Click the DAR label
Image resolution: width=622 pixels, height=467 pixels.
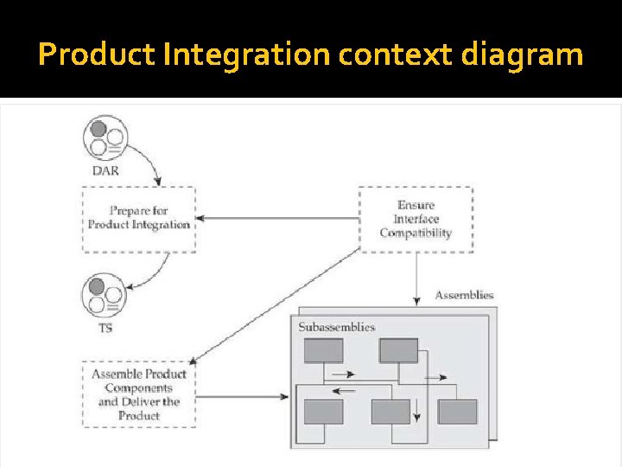tap(105, 170)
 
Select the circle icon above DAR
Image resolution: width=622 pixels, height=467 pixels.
tap(105, 138)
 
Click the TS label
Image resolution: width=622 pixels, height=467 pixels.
tap(105, 329)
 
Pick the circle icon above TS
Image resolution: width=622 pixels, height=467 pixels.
tap(104, 295)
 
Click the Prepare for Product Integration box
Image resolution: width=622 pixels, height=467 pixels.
tap(138, 218)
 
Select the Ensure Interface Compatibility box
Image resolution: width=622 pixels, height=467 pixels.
tap(416, 220)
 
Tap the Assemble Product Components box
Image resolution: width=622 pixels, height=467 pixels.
tap(139, 394)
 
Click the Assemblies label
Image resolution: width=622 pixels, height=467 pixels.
tap(464, 295)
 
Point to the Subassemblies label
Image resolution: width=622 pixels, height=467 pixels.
tap(337, 327)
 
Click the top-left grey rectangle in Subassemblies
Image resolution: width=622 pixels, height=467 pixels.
tap(323, 350)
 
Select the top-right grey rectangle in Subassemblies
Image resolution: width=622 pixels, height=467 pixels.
tap(398, 350)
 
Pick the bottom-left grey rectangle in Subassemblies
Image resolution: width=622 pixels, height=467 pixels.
tap(323, 412)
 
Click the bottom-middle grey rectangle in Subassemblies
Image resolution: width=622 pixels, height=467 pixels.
tap(390, 412)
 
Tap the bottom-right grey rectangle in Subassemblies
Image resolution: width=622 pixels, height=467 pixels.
tap(457, 412)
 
